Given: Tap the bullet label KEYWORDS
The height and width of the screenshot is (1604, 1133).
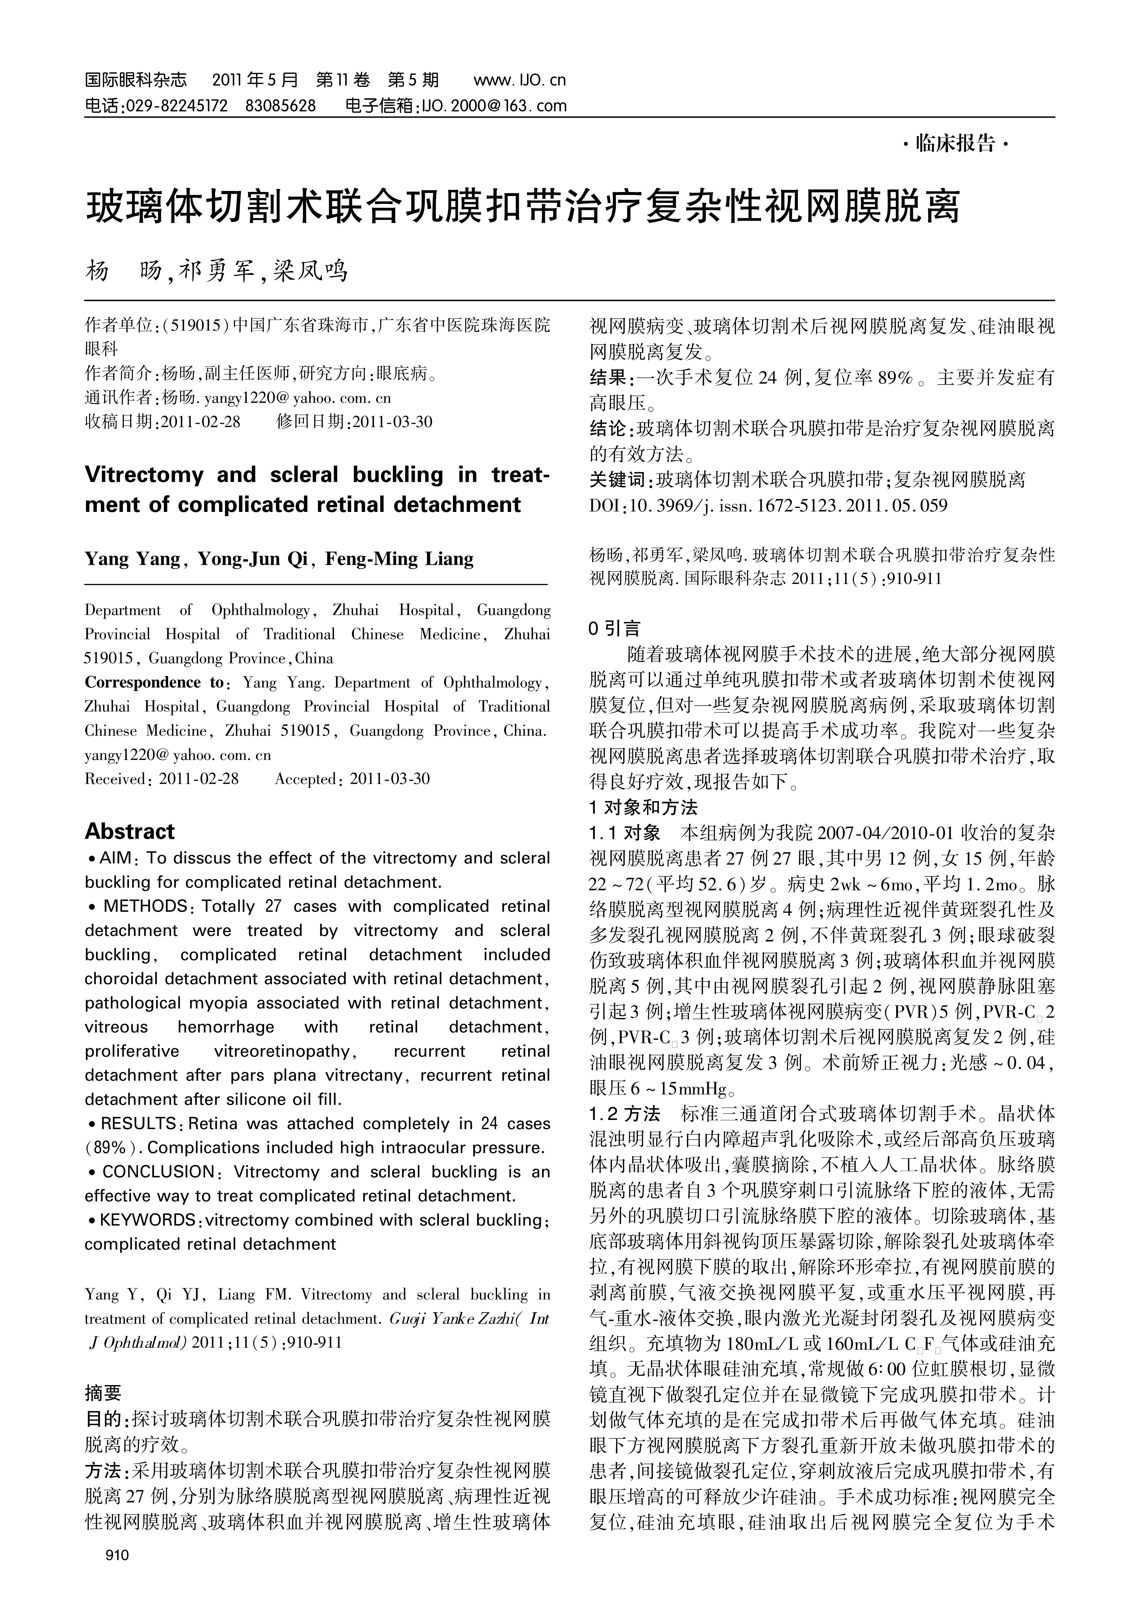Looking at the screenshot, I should (148, 1220).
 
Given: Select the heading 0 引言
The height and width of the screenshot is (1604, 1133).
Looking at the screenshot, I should (615, 629).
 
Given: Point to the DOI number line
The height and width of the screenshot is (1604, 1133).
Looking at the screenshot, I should (768, 505).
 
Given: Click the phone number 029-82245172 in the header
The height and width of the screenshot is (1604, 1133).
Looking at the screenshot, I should (175, 106).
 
